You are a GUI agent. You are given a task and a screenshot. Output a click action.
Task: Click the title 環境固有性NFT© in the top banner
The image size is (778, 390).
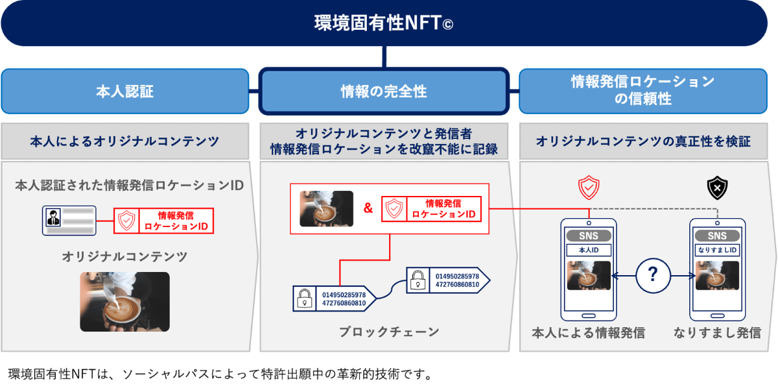pos(383,23)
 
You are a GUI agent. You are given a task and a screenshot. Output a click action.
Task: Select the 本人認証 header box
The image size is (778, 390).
pos(124,91)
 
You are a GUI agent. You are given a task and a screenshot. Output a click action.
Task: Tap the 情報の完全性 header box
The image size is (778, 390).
pos(383,91)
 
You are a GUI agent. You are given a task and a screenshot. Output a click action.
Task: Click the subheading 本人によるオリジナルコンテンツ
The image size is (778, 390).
pos(124,141)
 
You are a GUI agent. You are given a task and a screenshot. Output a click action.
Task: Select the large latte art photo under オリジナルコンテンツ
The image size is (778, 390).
pos(124,302)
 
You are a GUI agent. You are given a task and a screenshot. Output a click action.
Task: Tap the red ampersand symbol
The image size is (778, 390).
pos(368,209)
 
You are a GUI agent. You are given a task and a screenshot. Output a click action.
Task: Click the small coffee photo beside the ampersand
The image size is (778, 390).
pos(327,209)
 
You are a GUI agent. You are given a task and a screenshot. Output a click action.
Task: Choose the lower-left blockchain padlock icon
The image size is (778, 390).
pos(303,299)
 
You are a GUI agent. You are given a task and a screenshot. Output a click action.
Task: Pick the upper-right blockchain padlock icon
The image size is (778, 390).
pos(418,280)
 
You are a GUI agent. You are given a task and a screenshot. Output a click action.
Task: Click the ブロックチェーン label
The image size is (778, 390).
pos(388,332)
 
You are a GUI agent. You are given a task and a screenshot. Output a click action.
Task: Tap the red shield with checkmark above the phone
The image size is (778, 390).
pos(588,188)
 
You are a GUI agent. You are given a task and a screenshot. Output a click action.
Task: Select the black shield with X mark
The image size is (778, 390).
pos(717,188)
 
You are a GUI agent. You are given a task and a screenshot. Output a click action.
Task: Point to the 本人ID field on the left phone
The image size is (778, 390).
pos(588,250)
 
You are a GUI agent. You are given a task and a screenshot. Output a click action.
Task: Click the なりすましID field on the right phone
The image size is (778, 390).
pos(717,250)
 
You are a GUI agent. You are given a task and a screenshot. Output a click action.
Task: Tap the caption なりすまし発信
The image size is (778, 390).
pos(717,333)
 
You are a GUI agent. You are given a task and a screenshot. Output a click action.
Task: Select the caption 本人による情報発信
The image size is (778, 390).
pos(588,333)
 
